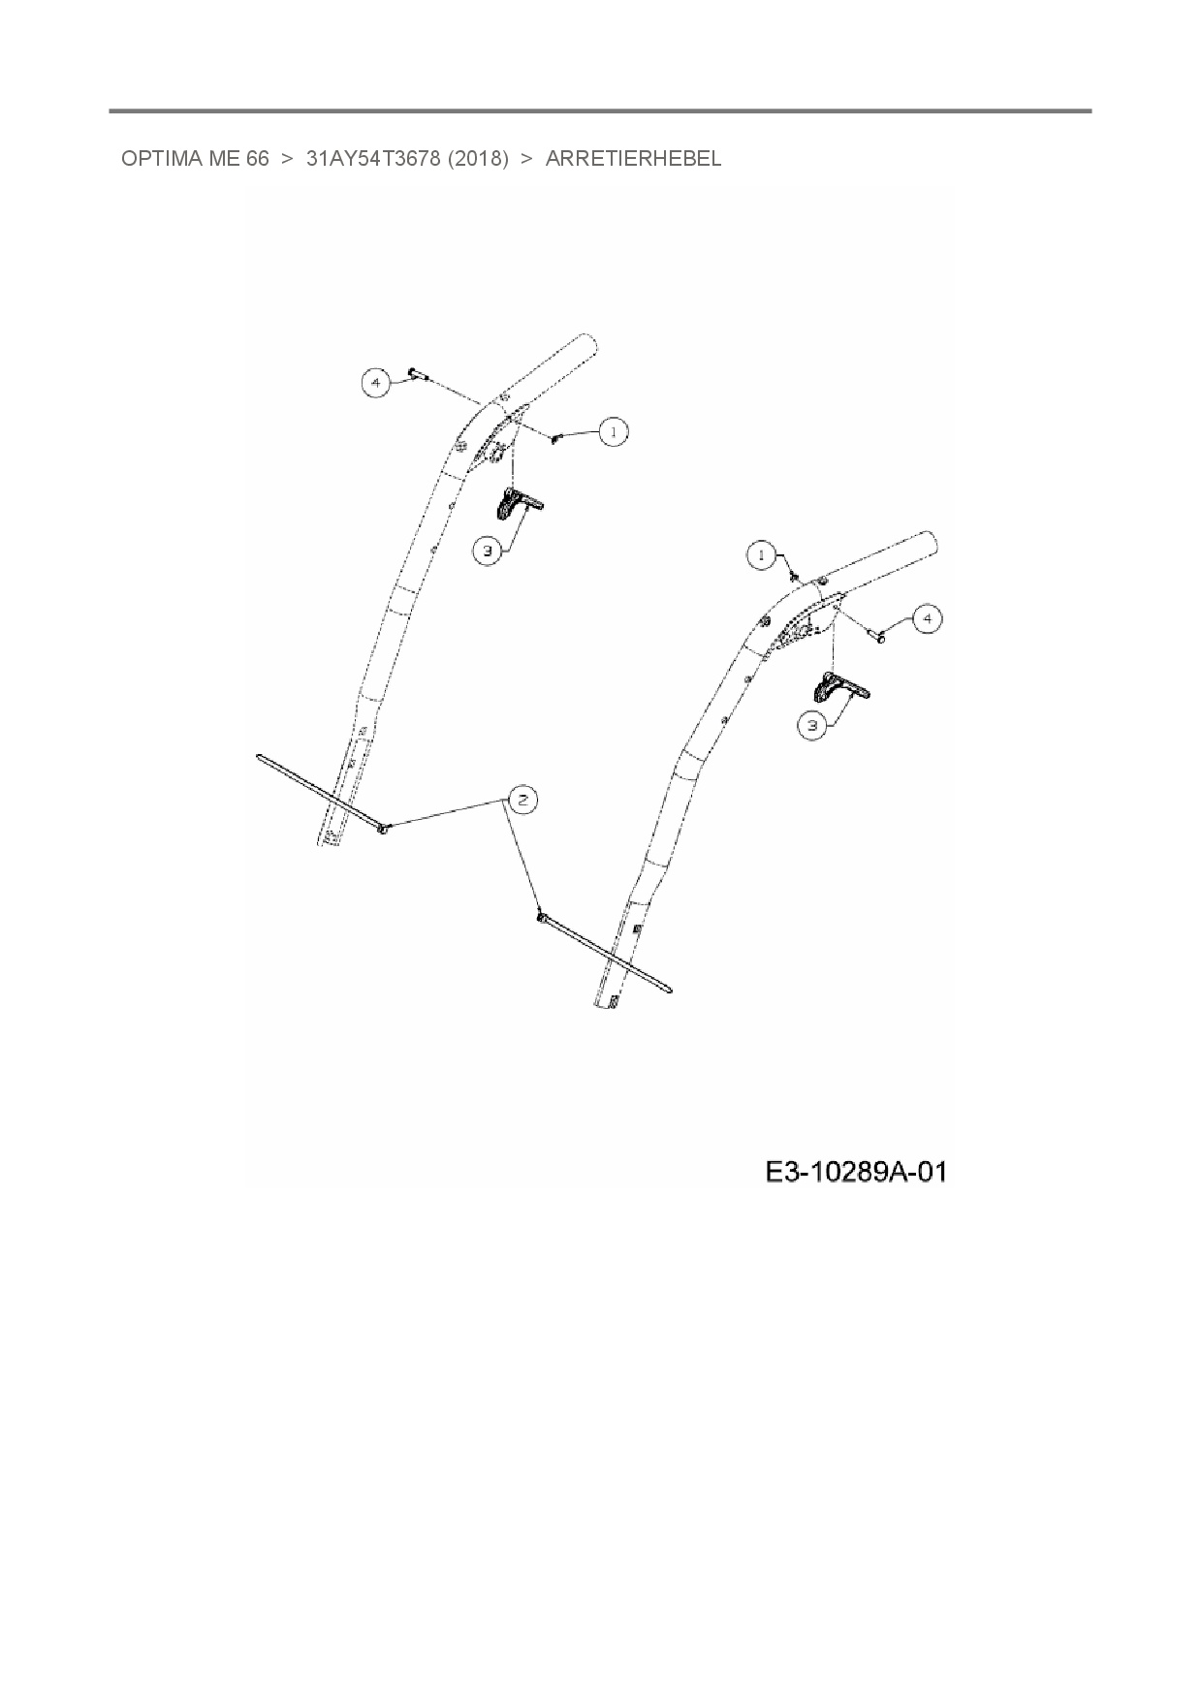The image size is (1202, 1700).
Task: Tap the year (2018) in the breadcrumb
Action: (x=478, y=159)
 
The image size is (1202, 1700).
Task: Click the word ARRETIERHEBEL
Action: (x=633, y=159)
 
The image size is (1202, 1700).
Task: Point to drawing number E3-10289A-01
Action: (x=855, y=1173)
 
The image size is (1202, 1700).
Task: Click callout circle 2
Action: (x=522, y=800)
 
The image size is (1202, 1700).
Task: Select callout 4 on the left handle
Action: (x=376, y=383)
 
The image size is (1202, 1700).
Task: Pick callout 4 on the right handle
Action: (x=928, y=618)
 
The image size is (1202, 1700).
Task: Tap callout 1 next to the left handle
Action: (x=613, y=431)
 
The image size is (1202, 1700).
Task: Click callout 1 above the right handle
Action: (x=761, y=555)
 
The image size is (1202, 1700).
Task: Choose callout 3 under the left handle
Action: (x=487, y=551)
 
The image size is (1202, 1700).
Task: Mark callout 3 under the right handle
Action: (x=812, y=725)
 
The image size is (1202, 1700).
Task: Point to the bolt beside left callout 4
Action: (x=418, y=372)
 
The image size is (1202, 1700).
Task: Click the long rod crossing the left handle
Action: (x=320, y=792)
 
